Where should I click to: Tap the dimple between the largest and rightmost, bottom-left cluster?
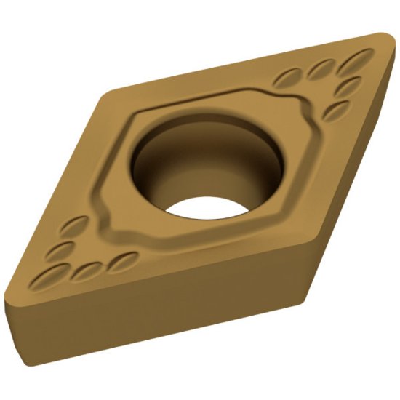coord(87,271)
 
